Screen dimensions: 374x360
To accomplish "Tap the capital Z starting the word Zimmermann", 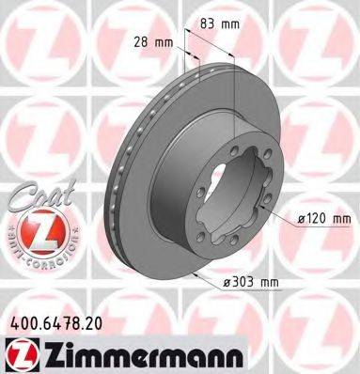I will (x=46, y=354).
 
